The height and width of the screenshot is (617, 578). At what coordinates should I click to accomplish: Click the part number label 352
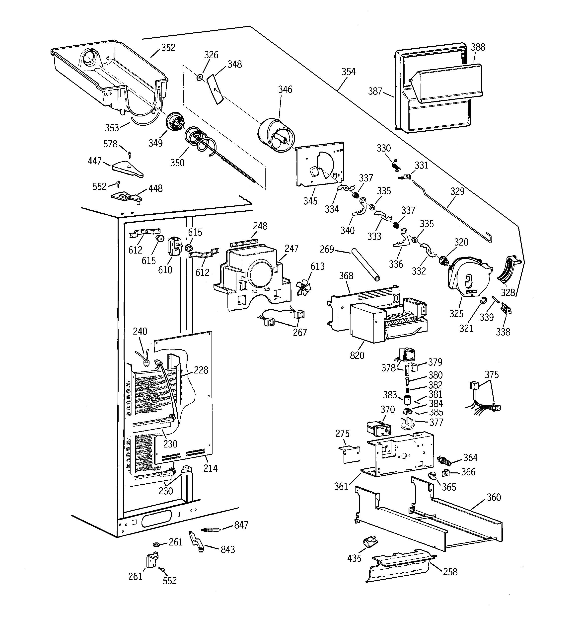tap(168, 47)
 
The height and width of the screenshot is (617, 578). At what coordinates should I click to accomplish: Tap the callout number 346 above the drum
tap(285, 89)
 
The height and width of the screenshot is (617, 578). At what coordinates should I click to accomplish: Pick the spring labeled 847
tap(212, 530)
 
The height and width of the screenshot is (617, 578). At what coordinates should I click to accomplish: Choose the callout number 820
tap(357, 355)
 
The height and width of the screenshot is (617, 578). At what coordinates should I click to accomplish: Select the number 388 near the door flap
tap(478, 47)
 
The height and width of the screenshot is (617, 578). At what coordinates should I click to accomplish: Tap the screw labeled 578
tap(129, 154)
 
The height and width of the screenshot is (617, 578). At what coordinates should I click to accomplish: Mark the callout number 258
tap(450, 572)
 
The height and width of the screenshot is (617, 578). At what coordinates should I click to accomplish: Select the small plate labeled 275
tap(349, 455)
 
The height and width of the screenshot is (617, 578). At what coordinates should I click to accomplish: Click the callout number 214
tap(210, 468)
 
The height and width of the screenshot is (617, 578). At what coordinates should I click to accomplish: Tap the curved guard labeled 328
tap(509, 269)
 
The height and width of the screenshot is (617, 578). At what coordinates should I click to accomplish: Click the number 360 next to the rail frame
tap(493, 497)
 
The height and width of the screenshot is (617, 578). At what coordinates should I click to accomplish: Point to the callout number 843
tap(227, 549)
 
